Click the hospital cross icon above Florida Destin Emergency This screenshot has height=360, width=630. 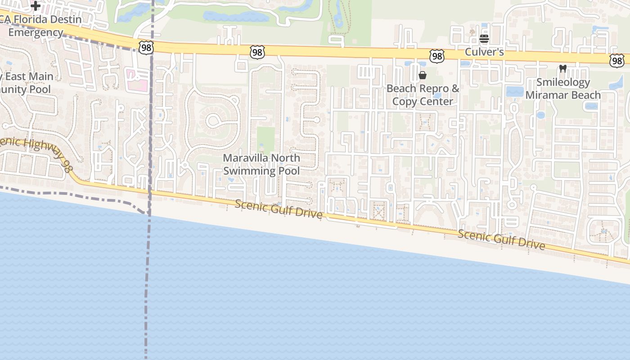tap(36, 6)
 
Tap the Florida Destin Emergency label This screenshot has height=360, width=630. tap(40, 26)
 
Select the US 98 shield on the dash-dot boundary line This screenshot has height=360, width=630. tap(146, 48)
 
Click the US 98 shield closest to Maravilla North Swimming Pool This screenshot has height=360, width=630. tap(257, 53)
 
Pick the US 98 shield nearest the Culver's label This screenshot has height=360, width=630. tap(436, 56)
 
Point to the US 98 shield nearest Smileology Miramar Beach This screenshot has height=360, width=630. tap(617, 60)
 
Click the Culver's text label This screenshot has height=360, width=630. tap(484, 52)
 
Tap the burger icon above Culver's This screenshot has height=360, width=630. tap(484, 39)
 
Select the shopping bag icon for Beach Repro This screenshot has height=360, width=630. tap(422, 75)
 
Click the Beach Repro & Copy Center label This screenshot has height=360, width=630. tap(423, 95)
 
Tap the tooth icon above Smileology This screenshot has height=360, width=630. tap(562, 69)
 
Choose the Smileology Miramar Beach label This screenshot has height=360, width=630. tap(563, 89)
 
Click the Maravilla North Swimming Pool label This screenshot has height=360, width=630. tap(261, 164)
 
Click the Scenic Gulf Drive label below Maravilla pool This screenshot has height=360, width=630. tap(279, 210)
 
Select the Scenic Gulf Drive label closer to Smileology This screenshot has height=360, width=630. tap(502, 239)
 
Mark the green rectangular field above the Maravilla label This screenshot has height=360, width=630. tap(265, 140)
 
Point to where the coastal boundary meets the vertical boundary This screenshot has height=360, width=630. tap(148, 213)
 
